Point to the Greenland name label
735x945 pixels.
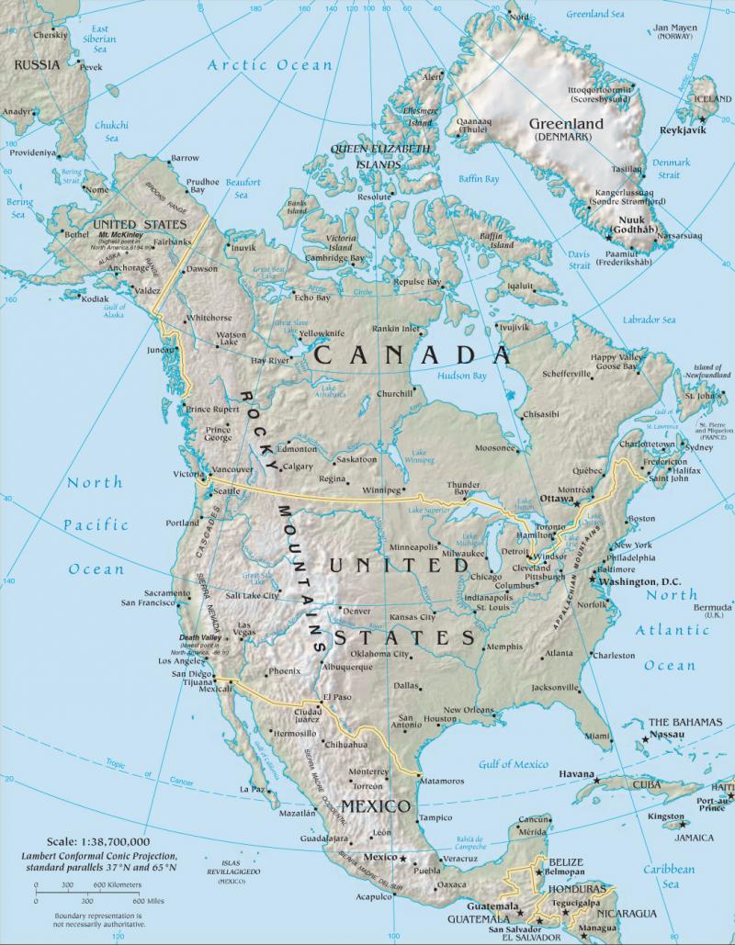566,124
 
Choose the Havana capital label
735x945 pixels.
577,774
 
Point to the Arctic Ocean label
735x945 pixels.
269,64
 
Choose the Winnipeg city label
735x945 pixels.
386,489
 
